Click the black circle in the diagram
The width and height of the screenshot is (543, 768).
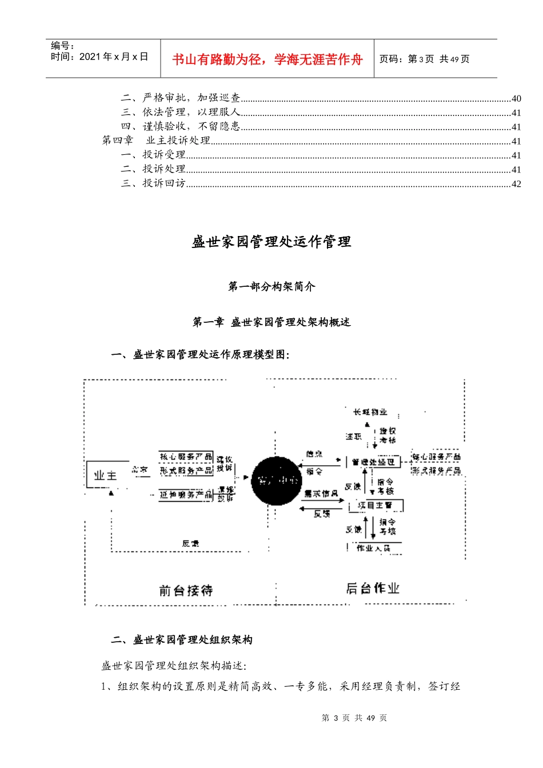277,481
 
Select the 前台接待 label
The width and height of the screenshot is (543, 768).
186,590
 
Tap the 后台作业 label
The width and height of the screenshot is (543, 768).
373,589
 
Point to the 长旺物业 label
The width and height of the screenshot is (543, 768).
370,412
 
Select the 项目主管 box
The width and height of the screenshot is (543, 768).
376,505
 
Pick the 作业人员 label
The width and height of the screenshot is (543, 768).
373,548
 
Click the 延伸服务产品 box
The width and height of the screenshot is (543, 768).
186,495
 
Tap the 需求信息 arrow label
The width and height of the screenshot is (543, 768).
321,494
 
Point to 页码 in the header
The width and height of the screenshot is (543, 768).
391,59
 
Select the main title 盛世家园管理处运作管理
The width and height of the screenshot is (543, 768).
271,242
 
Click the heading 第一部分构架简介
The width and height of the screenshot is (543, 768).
271,286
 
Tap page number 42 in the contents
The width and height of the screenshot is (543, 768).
516,184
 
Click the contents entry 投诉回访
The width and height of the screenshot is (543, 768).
164,183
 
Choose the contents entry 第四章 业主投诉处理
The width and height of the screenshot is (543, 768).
156,141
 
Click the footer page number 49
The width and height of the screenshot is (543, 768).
370,718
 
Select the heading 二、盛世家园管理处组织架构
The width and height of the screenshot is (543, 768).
182,640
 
